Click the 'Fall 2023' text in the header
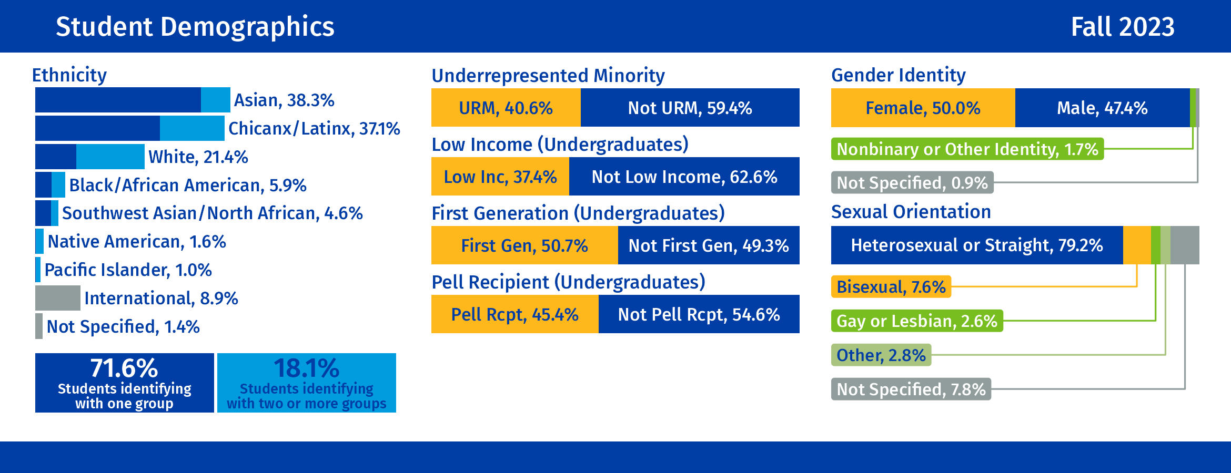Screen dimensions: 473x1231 tap(1122, 27)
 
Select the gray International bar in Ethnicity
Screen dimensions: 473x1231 tap(57, 298)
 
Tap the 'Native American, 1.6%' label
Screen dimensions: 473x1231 tap(137, 242)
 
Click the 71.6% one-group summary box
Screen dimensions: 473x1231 tap(125, 383)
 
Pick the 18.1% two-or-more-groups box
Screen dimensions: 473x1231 tap(307, 383)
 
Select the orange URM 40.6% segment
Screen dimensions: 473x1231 tap(506, 108)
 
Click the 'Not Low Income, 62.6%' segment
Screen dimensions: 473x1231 tap(684, 177)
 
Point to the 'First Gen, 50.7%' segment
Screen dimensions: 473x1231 tap(524, 245)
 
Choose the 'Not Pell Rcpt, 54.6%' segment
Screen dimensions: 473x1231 tap(699, 314)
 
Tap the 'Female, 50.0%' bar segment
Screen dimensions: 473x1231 tap(923, 108)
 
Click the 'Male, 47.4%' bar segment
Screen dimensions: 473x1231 tap(1102, 108)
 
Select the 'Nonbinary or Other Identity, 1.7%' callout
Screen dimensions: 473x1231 tap(967, 149)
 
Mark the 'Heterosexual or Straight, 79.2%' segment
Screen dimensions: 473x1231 tap(976, 245)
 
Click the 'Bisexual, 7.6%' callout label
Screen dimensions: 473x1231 tap(891, 287)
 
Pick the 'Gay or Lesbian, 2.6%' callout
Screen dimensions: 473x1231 tap(917, 321)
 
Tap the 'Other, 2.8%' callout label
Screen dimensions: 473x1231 tap(881, 355)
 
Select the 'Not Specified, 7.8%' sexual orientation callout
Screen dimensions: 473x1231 tap(911, 389)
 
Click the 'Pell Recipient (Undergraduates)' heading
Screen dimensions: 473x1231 tap(568, 282)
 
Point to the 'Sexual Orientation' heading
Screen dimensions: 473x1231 tap(911, 212)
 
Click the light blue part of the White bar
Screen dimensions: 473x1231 tap(110, 157)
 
